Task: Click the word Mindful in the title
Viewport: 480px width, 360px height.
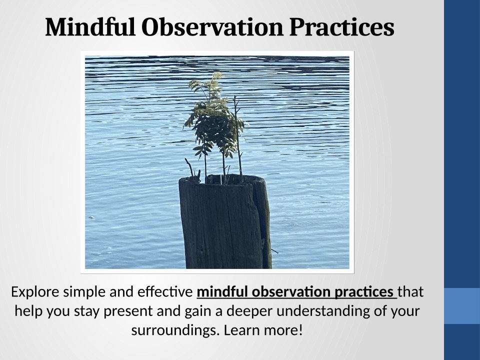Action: pos(90,27)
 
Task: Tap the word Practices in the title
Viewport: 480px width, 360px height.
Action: pos(341,27)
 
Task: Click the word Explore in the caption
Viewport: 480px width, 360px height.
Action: pos(35,292)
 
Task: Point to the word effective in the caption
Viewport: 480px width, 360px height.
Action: pos(164,292)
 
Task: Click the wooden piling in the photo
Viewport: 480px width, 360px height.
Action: pos(224,222)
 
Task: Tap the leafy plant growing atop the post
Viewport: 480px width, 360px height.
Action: pos(214,122)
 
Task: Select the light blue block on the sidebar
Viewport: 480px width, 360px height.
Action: pos(462,306)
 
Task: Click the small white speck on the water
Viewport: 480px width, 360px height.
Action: pos(91,217)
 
